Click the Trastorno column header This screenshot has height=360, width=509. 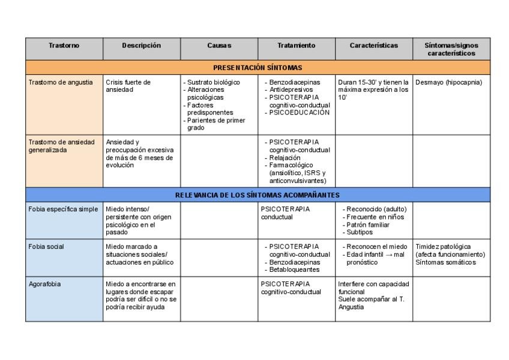point(64,46)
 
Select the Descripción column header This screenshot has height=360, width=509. point(141,46)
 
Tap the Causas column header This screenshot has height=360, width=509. point(219,46)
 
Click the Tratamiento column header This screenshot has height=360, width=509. point(296,46)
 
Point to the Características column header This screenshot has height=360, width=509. point(374,46)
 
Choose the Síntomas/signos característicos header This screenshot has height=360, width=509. point(451,49)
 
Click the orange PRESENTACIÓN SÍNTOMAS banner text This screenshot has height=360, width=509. point(258,68)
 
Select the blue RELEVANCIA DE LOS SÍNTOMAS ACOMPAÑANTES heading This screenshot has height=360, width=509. point(258,195)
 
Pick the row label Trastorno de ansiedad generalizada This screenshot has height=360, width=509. point(62,146)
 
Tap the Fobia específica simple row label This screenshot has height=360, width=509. point(63,209)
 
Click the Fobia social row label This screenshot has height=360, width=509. point(46,247)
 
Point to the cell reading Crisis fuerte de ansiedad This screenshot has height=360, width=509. point(128,86)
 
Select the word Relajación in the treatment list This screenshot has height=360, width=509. point(286,158)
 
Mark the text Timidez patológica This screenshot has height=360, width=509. point(443,247)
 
